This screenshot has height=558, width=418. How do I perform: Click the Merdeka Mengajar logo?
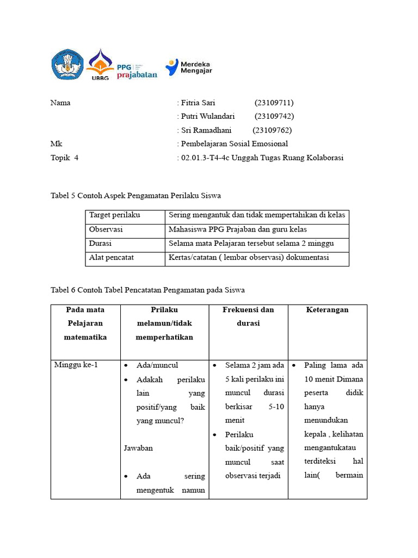[189, 66]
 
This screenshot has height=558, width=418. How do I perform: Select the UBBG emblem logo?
[100, 65]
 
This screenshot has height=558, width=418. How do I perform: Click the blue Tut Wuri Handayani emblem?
[67, 65]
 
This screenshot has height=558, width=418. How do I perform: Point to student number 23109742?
[274, 116]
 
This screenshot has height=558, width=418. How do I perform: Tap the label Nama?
[60, 102]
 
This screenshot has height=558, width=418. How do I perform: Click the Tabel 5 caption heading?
[136, 195]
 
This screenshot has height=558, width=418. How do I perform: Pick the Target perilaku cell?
[112, 215]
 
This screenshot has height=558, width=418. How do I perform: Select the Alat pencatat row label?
[112, 257]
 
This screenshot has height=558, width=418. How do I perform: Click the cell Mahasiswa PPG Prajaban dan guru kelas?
[238, 229]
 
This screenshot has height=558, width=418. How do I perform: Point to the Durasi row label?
[101, 244]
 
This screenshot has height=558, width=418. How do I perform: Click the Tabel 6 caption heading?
[147, 290]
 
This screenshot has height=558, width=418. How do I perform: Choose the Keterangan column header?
[327, 310]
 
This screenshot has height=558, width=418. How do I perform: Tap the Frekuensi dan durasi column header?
[248, 317]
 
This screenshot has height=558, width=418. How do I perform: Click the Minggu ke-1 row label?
[76, 365]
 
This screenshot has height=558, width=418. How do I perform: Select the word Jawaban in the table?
[138, 448]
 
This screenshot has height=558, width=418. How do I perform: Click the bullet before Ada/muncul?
[126, 365]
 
